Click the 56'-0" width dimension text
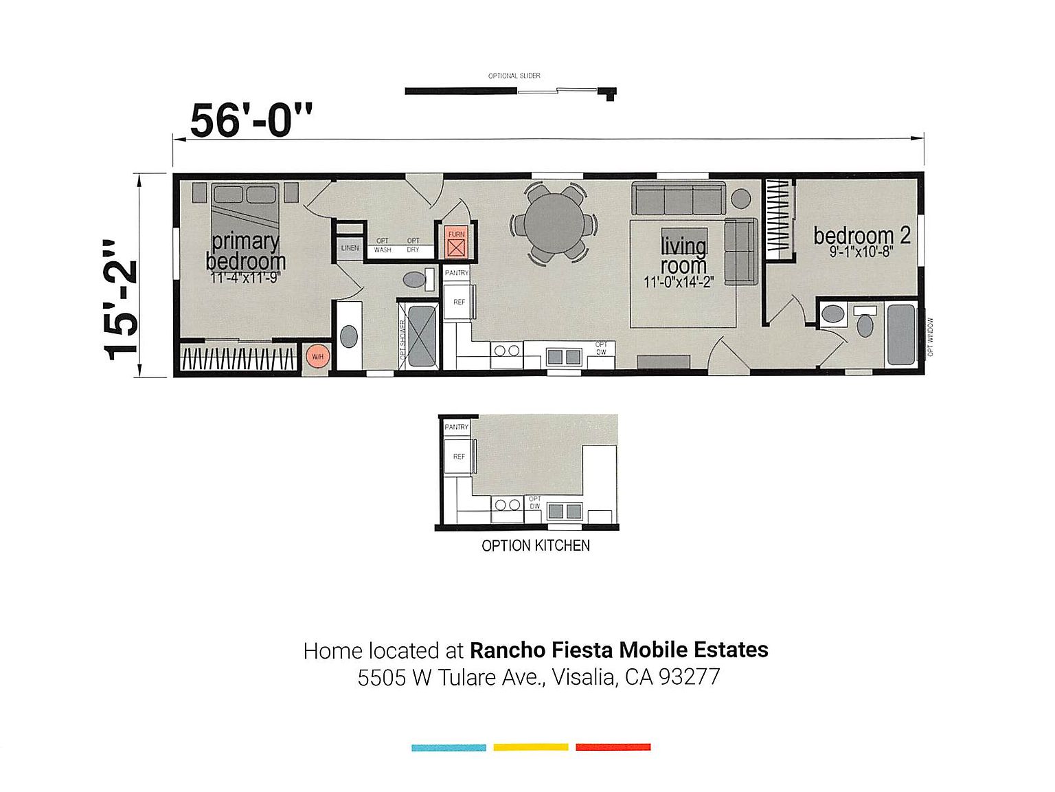[251, 121]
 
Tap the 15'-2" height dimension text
[121, 300]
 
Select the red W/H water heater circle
[317, 356]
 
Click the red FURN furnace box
[456, 243]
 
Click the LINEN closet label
[350, 248]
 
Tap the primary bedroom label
[245, 252]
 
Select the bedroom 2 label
[861, 236]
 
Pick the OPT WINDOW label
[931, 337]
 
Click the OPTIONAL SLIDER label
[514, 76]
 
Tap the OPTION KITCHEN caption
[536, 546]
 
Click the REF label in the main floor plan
[459, 302]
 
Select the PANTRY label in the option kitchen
[456, 427]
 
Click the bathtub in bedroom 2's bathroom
[900, 335]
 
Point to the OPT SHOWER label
[402, 339]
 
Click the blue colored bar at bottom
[449, 747]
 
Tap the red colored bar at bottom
[613, 747]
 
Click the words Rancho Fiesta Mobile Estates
[618, 650]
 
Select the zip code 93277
[689, 677]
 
